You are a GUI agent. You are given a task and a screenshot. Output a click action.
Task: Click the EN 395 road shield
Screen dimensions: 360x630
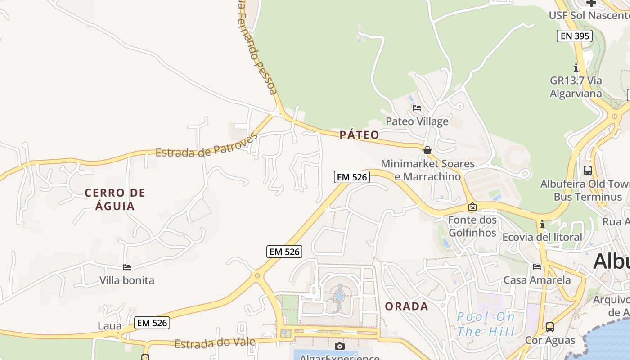[x=574, y=36]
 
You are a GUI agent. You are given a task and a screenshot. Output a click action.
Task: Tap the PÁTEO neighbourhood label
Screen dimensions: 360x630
[x=359, y=135]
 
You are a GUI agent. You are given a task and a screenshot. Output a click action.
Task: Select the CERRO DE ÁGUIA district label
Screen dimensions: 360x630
[x=115, y=199]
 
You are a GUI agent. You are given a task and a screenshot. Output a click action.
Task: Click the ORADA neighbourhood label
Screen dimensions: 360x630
[x=406, y=306]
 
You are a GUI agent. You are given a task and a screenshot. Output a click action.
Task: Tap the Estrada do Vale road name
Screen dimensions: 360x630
[x=215, y=343]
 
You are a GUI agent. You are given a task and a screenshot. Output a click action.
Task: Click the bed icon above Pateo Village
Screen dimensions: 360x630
[x=417, y=108]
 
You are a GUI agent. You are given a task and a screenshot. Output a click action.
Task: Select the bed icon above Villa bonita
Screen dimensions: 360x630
[x=127, y=267]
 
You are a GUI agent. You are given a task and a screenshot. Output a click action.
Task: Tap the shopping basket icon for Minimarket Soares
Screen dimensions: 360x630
[x=427, y=150]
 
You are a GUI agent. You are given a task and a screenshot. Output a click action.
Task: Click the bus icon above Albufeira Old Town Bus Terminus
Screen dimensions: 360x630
[x=587, y=171]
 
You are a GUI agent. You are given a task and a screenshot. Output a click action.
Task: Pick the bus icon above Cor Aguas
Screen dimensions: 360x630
[x=549, y=327]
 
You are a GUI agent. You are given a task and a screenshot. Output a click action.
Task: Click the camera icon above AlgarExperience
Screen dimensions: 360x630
[x=340, y=346]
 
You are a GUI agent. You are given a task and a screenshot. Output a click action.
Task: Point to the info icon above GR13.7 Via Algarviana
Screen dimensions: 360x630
[x=576, y=68]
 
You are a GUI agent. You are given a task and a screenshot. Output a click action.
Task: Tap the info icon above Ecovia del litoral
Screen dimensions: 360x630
[x=542, y=224]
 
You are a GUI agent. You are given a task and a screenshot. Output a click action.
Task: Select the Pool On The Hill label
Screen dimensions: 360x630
[x=486, y=324]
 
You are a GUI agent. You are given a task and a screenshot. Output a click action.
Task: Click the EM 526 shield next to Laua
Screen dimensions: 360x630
[x=152, y=323]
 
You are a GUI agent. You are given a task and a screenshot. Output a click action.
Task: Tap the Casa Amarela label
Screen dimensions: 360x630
[x=537, y=280]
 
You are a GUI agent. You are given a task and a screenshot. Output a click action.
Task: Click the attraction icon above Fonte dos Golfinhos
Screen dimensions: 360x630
[x=472, y=207]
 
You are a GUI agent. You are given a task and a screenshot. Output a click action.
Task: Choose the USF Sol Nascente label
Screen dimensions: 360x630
[x=589, y=16]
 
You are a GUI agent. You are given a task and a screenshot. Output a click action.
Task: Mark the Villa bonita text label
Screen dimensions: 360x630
[x=127, y=280]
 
